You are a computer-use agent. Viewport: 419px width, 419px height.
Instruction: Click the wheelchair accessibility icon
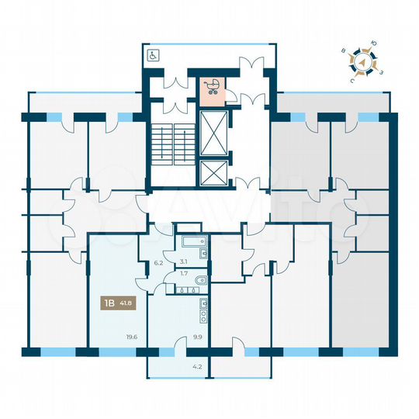[x=153, y=55]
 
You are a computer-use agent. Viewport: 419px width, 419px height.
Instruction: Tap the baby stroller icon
[x=210, y=87]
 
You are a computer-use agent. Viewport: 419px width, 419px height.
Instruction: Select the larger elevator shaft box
[x=214, y=133]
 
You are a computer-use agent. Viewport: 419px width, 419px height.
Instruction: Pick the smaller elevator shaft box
[x=214, y=173]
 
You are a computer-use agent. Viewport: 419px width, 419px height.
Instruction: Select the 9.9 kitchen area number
[x=198, y=337]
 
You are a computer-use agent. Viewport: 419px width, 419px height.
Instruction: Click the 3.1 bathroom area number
[x=184, y=261]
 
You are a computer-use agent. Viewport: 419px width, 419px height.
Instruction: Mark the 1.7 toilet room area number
[x=184, y=274]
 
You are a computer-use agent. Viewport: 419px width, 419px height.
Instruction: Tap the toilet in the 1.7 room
[x=201, y=280]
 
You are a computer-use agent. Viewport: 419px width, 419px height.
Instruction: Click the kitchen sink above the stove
[x=204, y=303]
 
